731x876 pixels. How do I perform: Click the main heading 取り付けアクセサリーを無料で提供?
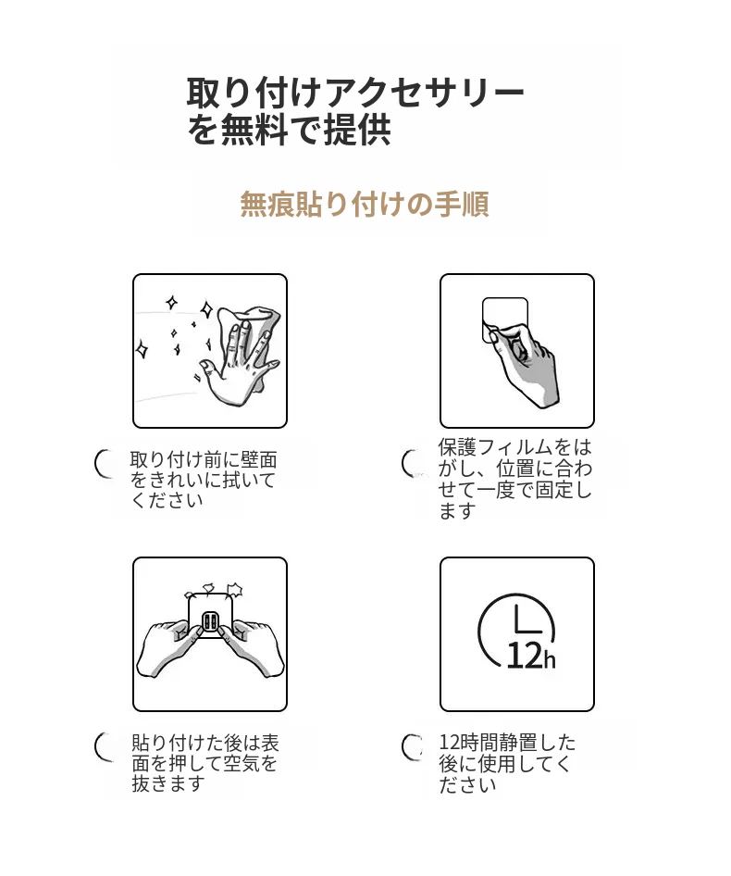point(355,111)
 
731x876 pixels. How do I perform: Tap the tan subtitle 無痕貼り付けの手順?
point(365,204)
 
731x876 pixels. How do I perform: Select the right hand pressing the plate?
point(252,648)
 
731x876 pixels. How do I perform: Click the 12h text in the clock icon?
point(530,656)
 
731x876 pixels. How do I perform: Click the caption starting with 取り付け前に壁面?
point(204,480)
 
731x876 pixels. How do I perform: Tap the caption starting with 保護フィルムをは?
point(514,478)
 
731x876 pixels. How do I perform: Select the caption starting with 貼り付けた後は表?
point(204,763)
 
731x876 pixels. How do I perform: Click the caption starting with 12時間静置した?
point(507,763)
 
